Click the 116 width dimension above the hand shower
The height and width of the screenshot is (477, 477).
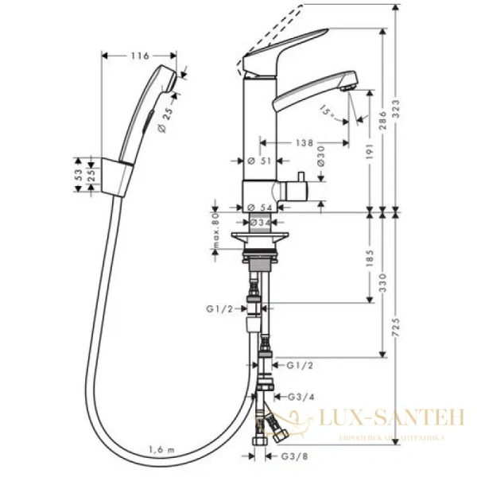coord(140,56)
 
